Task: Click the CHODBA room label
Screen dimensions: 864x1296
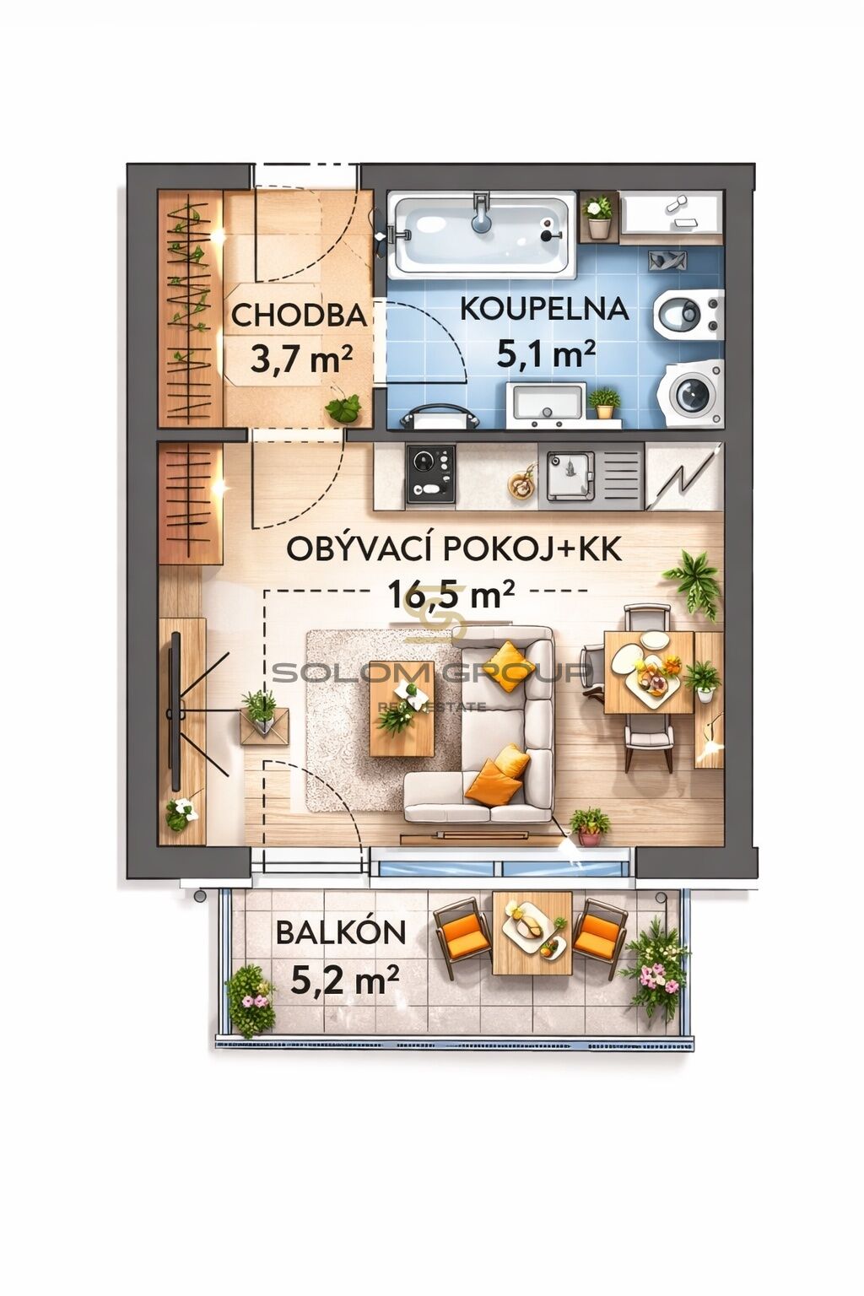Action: pyautogui.click(x=300, y=316)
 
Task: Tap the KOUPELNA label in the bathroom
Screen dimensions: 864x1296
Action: pyautogui.click(x=544, y=309)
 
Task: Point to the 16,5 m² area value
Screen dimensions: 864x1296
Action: pyautogui.click(x=451, y=595)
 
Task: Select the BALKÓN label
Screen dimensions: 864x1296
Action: pyautogui.click(x=340, y=932)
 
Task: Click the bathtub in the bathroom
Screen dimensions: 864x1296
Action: pyautogui.click(x=482, y=235)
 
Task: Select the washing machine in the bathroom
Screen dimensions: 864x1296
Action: pyautogui.click(x=694, y=393)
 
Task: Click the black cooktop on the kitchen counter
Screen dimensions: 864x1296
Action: pyautogui.click(x=430, y=474)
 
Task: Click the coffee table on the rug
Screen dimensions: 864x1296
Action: pyautogui.click(x=401, y=708)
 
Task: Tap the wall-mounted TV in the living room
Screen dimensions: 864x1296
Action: pyautogui.click(x=175, y=711)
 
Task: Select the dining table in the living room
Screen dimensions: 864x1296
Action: pyautogui.click(x=649, y=672)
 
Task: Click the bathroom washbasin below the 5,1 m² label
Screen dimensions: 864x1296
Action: pyautogui.click(x=546, y=404)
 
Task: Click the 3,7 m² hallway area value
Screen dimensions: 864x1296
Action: pyautogui.click(x=301, y=360)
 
